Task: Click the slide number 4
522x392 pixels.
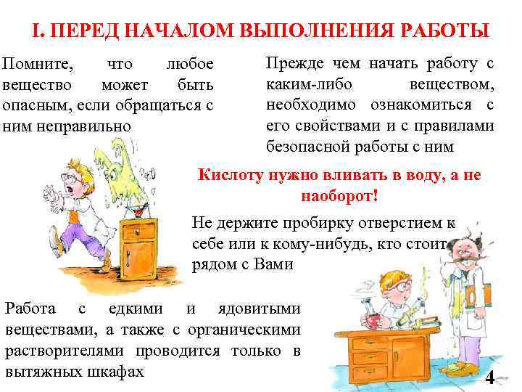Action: (490, 377)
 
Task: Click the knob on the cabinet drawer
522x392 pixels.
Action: (138, 234)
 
